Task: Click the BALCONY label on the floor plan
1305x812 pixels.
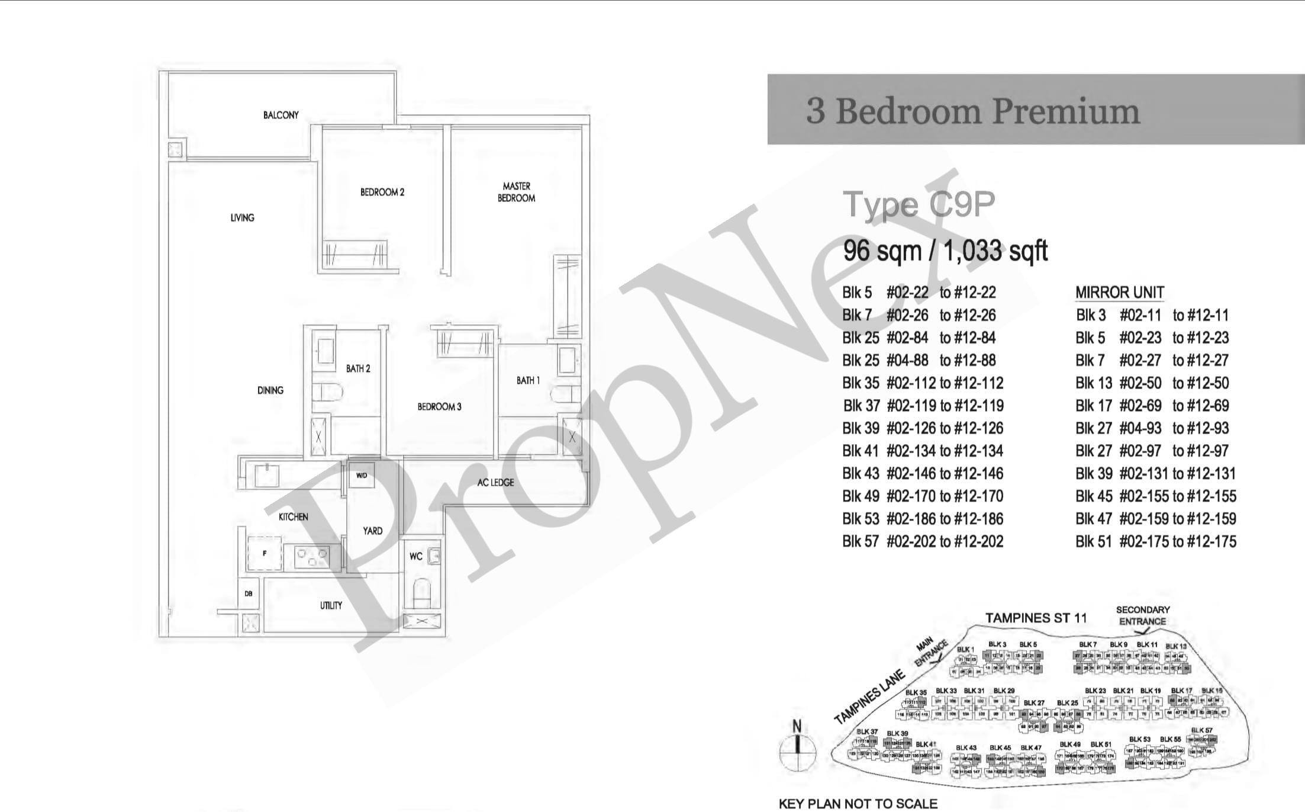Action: pos(281,115)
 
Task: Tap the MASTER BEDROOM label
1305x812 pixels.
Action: pos(516,192)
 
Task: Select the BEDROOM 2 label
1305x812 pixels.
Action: pos(382,192)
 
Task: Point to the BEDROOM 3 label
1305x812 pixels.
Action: pos(439,406)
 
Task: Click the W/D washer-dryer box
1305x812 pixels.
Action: pos(362,475)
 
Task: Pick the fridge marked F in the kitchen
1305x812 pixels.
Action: pos(263,553)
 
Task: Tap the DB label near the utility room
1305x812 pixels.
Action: pos(249,593)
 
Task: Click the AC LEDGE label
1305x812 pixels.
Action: pos(495,482)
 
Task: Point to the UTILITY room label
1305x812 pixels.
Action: pos(331,605)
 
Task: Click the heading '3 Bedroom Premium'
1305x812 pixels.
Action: pos(972,111)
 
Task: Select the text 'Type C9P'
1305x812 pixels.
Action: pos(919,204)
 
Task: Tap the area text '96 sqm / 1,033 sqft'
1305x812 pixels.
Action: pos(945,251)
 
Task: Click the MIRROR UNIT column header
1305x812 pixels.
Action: pos(1119,293)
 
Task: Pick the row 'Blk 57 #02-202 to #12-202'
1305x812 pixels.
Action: pos(923,541)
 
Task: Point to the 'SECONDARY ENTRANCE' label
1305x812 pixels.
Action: pos(1142,615)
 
